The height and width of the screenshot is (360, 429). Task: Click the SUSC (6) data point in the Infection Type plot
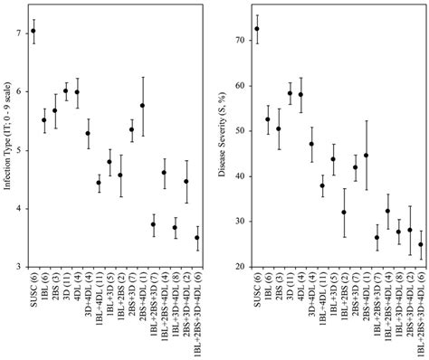(x=33, y=31)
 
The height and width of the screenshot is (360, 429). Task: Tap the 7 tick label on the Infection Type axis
(x=18, y=33)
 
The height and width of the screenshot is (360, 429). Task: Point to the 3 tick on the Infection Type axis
(x=18, y=267)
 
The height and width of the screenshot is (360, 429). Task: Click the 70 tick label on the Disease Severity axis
(x=239, y=41)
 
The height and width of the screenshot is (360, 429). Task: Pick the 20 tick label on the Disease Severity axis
(x=239, y=267)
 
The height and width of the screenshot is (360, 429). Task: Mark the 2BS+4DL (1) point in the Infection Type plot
(x=143, y=106)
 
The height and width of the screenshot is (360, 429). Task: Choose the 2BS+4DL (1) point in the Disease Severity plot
(x=366, y=155)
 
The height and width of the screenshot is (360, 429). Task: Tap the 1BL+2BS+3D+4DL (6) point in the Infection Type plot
(x=197, y=238)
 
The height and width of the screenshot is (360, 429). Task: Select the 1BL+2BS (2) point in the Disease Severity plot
(x=344, y=213)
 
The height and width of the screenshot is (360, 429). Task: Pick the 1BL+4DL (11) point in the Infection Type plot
(x=99, y=183)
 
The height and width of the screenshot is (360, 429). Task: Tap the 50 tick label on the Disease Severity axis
(x=239, y=131)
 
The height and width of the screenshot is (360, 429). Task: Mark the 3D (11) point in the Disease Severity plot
(x=290, y=93)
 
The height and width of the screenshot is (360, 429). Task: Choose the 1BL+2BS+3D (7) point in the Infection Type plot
(x=154, y=224)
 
